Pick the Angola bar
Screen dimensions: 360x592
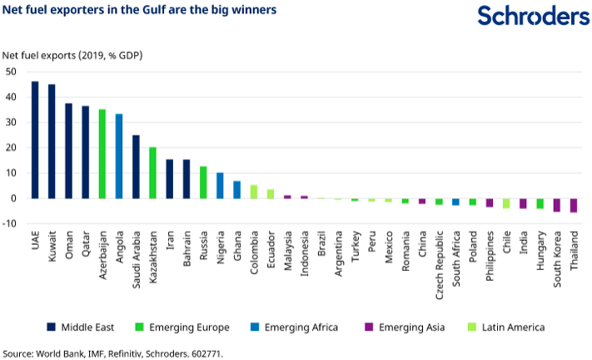[x=119, y=156]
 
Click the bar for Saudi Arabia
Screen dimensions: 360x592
[x=136, y=167]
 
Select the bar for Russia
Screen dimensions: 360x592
[x=203, y=182]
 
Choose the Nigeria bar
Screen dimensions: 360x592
[x=220, y=186]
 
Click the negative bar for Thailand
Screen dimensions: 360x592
[x=573, y=205]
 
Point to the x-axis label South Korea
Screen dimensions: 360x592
[x=556, y=248]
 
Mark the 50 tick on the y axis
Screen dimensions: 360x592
[x=12, y=72]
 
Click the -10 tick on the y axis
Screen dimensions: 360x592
[x=10, y=223]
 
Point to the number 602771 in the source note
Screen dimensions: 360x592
[x=206, y=353]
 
